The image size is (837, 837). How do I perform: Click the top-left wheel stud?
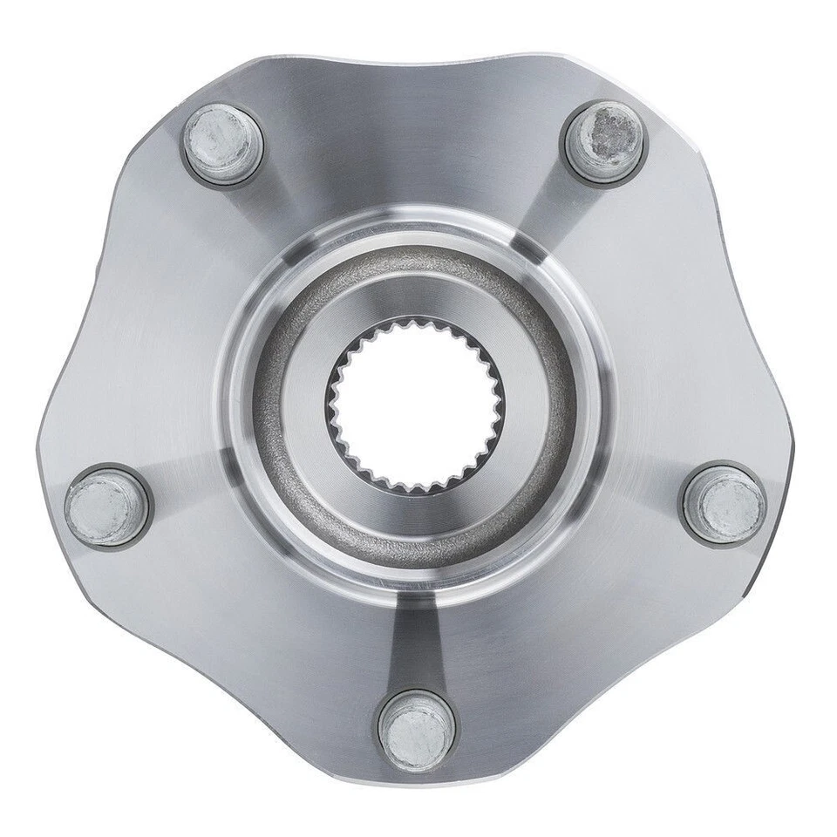pyautogui.click(x=223, y=142)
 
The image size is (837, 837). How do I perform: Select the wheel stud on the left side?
pyautogui.click(x=107, y=506)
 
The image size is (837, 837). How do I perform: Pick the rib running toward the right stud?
pyautogui.click(x=645, y=475)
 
